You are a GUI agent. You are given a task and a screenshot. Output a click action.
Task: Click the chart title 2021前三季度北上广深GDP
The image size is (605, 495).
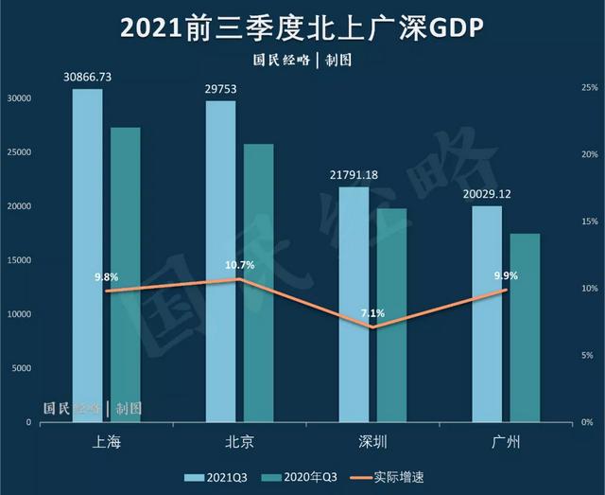coord(302,28)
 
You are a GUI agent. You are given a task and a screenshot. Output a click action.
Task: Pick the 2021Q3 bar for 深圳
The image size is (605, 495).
coord(354,303)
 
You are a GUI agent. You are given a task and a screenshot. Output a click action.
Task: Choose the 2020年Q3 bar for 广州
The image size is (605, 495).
coord(525,327)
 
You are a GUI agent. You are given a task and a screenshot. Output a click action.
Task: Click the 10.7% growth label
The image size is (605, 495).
coord(240,265)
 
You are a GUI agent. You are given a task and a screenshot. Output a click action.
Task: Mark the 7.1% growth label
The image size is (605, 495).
coord(372,313)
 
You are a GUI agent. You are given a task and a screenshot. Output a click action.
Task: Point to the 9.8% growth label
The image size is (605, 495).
coord(106,277)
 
